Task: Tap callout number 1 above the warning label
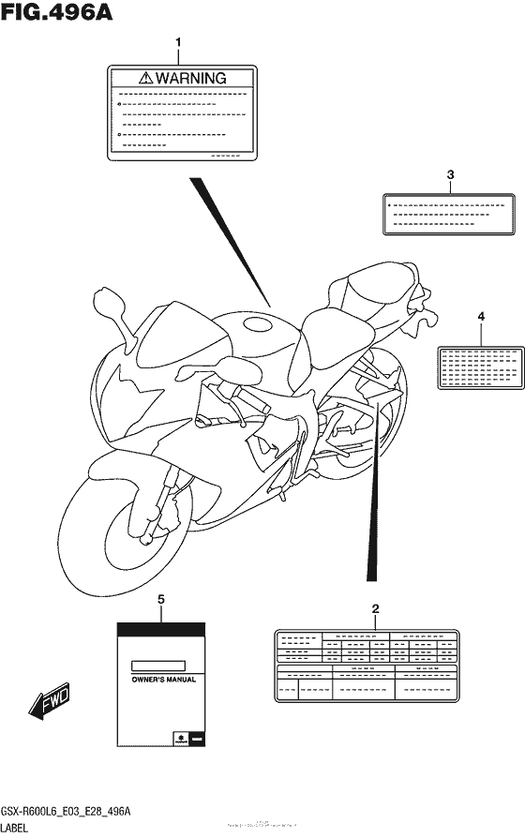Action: [179, 42]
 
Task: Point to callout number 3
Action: [450, 174]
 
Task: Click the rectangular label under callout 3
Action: [449, 214]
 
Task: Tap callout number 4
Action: [481, 317]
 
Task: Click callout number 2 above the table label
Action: [376, 609]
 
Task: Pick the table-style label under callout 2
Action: [367, 666]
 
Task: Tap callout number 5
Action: [160, 598]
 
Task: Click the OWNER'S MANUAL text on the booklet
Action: [162, 680]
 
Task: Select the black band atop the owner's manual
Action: [160, 629]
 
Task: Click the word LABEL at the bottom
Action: [19, 829]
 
